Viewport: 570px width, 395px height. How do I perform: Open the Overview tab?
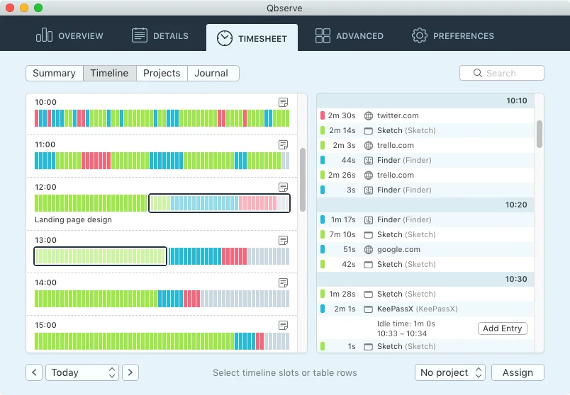pos(69,36)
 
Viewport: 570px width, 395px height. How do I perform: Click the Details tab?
pos(160,36)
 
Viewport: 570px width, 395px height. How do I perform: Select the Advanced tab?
pos(350,36)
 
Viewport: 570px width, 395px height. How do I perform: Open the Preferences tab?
pos(453,36)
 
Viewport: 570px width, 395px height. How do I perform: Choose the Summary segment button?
pos(54,73)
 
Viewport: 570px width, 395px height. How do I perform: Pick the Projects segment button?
pos(162,73)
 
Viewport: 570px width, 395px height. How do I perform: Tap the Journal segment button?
pos(211,73)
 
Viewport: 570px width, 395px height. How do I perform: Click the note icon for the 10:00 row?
pos(284,102)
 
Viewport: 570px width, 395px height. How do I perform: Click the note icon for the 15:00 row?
pos(284,325)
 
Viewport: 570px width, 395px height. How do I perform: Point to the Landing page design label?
pos(73,219)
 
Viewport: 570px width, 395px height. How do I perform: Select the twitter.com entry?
pos(398,115)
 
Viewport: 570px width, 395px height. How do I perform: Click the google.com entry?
pos(398,249)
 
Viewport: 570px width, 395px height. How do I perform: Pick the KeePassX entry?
pos(397,309)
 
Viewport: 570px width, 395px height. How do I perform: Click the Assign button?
pos(518,372)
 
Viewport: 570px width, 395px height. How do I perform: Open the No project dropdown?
pos(450,372)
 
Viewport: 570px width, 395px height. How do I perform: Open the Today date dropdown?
pos(82,372)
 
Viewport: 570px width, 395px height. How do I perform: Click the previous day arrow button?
pos(34,372)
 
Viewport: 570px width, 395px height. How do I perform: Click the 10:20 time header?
pos(516,205)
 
